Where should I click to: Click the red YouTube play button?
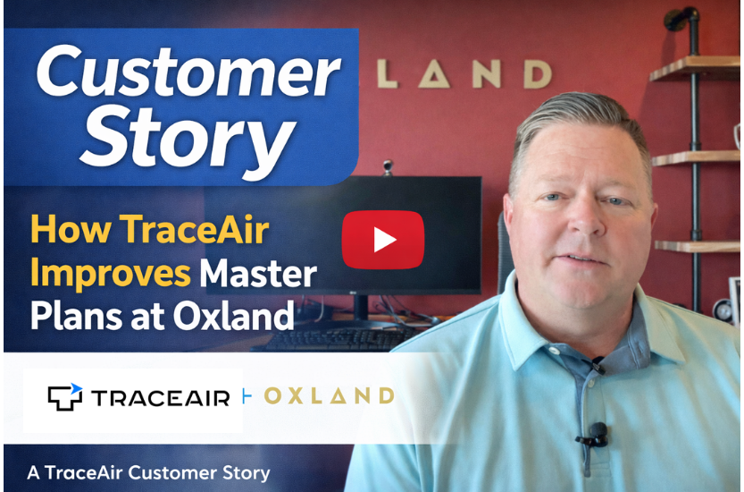tap(382, 240)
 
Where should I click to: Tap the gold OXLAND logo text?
tap(329, 395)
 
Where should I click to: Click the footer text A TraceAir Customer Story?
tap(148, 471)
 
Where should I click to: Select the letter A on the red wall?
tap(437, 75)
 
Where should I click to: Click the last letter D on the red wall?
tap(536, 74)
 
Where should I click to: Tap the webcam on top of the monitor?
tap(388, 167)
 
